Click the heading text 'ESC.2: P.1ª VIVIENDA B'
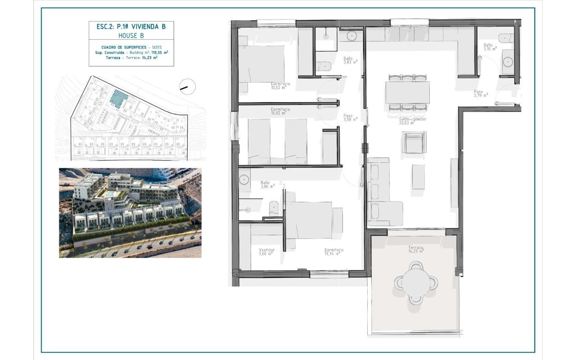131,27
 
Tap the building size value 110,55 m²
160,52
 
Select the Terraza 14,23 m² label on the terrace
416,249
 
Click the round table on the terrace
416,282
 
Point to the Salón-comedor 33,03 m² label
412,121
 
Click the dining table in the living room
407,92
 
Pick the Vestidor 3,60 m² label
266,252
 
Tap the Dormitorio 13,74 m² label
334,252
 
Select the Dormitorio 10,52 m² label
280,86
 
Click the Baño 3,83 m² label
350,60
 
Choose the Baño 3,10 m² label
490,47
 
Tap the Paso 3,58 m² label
350,117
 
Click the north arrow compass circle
187,86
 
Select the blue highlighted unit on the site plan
119,98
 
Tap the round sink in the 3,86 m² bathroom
244,179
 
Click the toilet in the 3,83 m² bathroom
324,67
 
